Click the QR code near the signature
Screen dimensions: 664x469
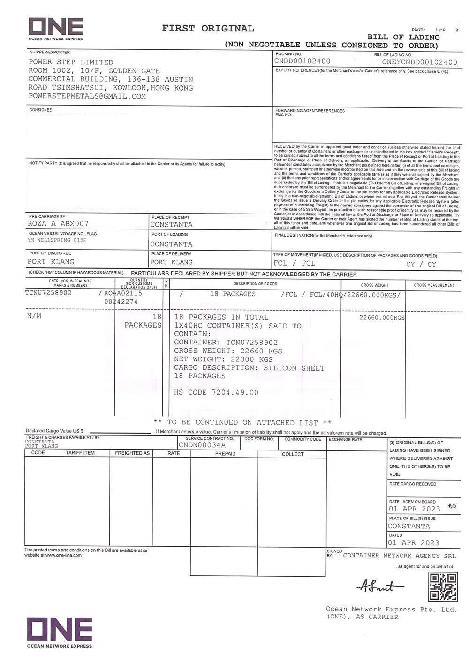(x=443, y=587)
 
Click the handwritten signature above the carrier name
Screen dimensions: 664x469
(x=375, y=586)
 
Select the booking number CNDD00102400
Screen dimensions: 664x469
(x=303, y=61)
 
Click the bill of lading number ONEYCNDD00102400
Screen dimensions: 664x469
(x=419, y=62)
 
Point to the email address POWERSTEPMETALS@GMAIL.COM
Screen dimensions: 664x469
(x=87, y=96)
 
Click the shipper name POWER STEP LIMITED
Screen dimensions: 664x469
(x=71, y=62)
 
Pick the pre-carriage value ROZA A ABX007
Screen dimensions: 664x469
(x=58, y=224)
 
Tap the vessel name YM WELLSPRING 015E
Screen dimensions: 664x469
(x=57, y=240)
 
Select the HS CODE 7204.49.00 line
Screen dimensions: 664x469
(x=216, y=392)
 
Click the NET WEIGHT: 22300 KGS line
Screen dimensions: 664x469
(x=223, y=359)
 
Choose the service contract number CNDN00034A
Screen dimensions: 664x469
(x=202, y=445)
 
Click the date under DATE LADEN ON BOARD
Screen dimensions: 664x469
(x=414, y=509)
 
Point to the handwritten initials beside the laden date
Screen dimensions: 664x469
(x=452, y=505)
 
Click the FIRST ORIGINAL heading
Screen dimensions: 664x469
(x=208, y=28)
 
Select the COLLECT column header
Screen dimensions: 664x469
(x=293, y=454)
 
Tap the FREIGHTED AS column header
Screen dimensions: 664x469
(x=132, y=453)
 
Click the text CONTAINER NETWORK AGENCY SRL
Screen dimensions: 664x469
(x=399, y=556)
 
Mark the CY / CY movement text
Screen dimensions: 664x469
(x=421, y=264)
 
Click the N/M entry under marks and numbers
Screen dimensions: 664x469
(x=34, y=316)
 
